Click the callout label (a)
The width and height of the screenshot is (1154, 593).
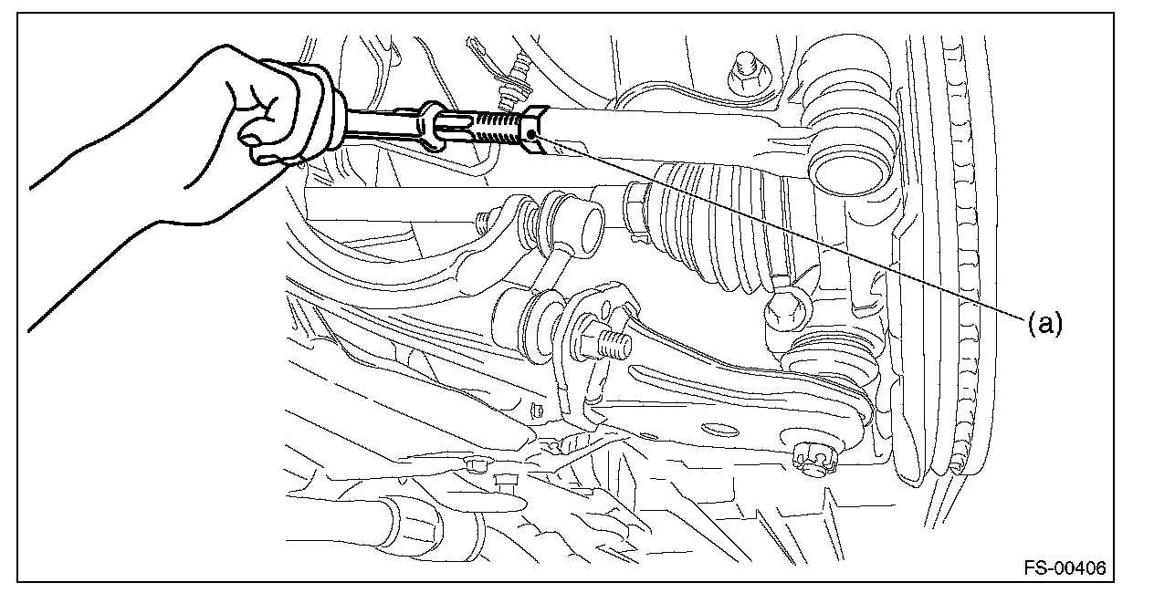(x=1045, y=324)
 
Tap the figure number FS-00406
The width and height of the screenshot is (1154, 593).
(x=1065, y=567)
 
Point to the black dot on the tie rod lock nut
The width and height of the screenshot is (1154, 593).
(x=531, y=134)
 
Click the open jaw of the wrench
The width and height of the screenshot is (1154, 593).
(x=432, y=126)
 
